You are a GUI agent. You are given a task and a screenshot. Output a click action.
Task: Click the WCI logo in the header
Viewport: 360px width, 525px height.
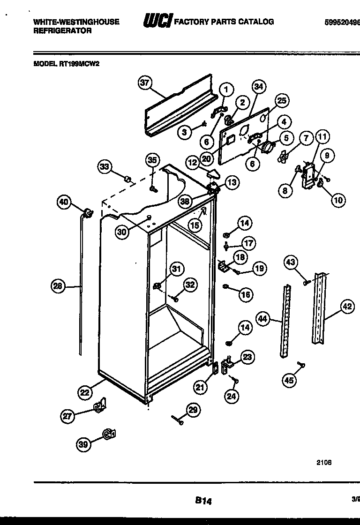(157, 22)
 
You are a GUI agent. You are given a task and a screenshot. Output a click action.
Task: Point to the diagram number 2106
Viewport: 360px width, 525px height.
(323, 462)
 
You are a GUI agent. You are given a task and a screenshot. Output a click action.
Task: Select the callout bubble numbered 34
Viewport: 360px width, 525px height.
(258, 86)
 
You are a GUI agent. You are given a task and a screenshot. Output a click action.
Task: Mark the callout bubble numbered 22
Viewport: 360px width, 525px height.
(85, 392)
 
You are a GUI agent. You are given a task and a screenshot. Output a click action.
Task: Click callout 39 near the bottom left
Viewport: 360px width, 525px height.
(83, 445)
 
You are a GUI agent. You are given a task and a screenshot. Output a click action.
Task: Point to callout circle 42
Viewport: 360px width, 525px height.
(346, 307)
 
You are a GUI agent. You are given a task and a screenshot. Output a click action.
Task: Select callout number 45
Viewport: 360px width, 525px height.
(289, 380)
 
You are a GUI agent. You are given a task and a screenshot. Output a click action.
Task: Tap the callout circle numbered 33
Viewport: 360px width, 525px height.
(105, 166)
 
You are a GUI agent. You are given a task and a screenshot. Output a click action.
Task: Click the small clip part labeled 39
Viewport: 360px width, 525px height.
(109, 435)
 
